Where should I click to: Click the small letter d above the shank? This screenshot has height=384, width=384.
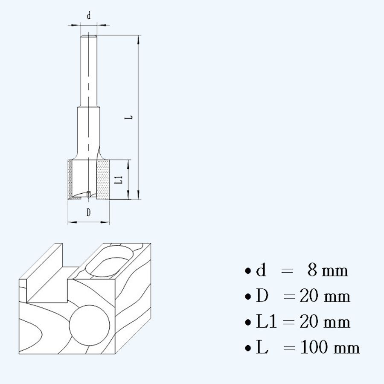click(89, 15)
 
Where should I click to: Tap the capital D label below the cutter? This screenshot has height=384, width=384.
click(88, 212)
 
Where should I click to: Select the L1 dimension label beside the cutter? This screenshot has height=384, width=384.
click(119, 180)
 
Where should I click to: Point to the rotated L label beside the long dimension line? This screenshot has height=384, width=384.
click(129, 117)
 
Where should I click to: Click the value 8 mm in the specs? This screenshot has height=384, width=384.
click(327, 270)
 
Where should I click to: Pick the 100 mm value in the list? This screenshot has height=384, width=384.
click(330, 347)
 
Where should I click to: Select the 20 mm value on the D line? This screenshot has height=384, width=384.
click(325, 296)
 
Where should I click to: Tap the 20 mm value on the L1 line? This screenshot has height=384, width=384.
click(325, 321)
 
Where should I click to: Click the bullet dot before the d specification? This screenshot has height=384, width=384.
click(248, 271)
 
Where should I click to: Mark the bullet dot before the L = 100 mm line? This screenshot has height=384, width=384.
click(248, 348)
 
